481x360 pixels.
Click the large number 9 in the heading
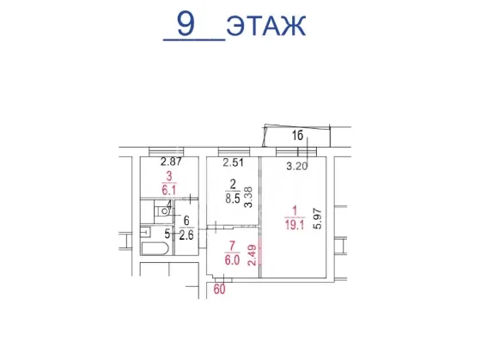[186, 23]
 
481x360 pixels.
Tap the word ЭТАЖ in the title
[266, 26]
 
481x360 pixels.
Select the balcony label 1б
[297, 135]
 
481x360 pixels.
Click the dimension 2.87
[171, 162]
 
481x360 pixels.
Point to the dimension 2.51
[233, 162]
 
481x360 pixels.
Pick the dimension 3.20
[297, 167]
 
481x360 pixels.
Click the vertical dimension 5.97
[318, 218]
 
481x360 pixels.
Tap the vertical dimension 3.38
[248, 198]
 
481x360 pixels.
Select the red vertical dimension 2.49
[252, 254]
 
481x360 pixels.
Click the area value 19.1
[295, 226]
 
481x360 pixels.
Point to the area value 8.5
[233, 198]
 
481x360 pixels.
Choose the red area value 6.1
[169, 191]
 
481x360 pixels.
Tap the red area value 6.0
[232, 260]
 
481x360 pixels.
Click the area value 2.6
[186, 235]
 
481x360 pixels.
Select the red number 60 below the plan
[219, 289]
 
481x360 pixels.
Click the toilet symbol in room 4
[162, 211]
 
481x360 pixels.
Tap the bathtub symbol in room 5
[155, 248]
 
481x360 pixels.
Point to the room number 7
[232, 246]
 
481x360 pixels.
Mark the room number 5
[167, 235]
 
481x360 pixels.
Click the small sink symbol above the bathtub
[146, 232]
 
